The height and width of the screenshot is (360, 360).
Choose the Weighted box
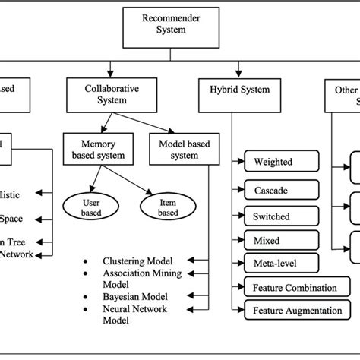(x=278, y=162)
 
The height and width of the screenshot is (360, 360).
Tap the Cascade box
(x=278, y=189)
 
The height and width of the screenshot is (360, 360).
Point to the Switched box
(x=278, y=216)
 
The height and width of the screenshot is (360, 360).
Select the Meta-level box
(x=278, y=264)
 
